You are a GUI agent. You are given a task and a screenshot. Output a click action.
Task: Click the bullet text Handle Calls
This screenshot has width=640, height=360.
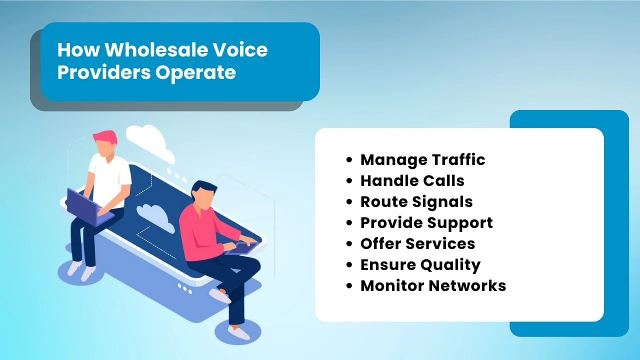(412, 180)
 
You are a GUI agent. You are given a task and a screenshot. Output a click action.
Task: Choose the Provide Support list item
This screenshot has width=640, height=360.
(426, 222)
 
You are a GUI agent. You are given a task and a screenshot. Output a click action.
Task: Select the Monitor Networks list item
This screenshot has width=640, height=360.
(433, 285)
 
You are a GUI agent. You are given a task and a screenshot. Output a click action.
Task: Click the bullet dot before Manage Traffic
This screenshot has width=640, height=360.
(349, 160)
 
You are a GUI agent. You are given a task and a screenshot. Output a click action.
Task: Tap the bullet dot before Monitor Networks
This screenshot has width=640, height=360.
(349, 286)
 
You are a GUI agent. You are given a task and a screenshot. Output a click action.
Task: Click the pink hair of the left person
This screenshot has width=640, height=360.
(105, 136)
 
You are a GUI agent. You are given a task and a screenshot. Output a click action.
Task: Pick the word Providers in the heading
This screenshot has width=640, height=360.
(103, 72)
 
